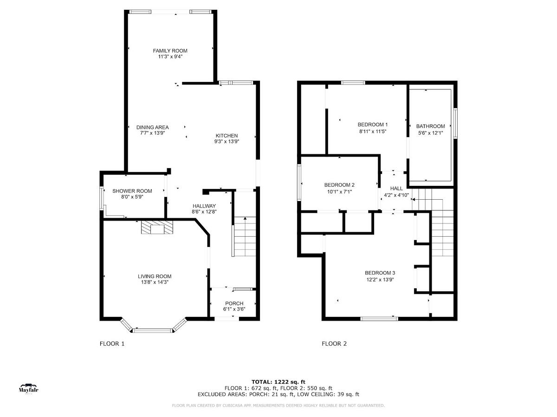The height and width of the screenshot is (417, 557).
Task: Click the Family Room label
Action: pyautogui.click(x=170, y=51)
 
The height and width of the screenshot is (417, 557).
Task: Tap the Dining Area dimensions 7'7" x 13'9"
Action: pyautogui.click(x=152, y=133)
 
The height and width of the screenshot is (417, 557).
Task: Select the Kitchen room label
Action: pyautogui.click(x=227, y=135)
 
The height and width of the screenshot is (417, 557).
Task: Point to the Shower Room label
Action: pyautogui.click(x=132, y=191)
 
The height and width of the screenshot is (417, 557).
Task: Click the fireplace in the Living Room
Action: pyautogui.click(x=157, y=227)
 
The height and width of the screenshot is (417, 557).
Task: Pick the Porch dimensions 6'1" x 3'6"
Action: pyautogui.click(x=234, y=309)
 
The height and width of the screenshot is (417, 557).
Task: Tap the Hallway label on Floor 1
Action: pyautogui.click(x=204, y=206)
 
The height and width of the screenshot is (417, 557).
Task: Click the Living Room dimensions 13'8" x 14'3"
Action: pyautogui.click(x=155, y=282)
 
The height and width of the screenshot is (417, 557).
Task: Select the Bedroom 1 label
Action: pyautogui.click(x=372, y=125)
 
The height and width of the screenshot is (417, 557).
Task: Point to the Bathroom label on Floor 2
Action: pyautogui.click(x=430, y=126)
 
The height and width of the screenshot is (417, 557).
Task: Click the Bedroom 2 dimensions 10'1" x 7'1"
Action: pyautogui.click(x=339, y=192)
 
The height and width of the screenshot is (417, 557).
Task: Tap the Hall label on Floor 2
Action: pyautogui.click(x=396, y=189)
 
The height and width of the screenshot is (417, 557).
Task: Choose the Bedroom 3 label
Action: pyautogui.click(x=380, y=273)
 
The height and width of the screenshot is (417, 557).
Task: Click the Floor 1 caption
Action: pyautogui.click(x=112, y=344)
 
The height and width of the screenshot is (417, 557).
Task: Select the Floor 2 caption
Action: pyautogui.click(x=334, y=344)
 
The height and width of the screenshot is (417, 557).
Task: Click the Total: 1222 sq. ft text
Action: pyautogui.click(x=278, y=382)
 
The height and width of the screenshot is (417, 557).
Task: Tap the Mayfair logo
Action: pyautogui.click(x=28, y=389)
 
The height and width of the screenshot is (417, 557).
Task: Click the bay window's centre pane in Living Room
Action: pyautogui.click(x=153, y=330)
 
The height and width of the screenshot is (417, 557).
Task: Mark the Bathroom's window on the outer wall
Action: pyautogui.click(x=455, y=123)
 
